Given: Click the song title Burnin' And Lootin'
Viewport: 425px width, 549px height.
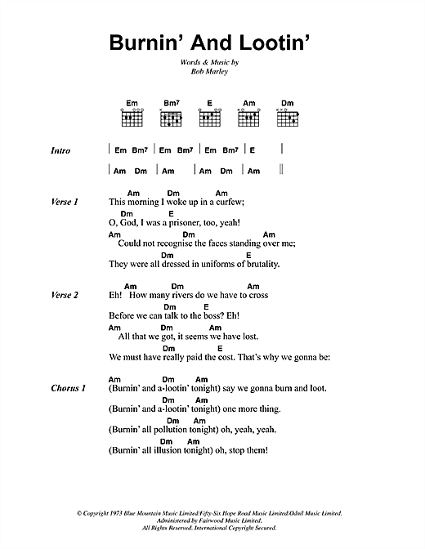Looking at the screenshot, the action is tap(212, 42).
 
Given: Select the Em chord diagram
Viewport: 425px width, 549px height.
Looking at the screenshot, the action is tap(132, 119).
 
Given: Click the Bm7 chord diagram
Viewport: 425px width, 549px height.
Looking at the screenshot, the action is tap(170, 119).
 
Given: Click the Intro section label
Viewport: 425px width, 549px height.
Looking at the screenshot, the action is tap(60, 151).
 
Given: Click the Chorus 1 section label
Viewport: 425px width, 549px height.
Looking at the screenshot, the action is tap(67, 388).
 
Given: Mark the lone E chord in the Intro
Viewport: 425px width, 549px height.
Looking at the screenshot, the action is tap(253, 151).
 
